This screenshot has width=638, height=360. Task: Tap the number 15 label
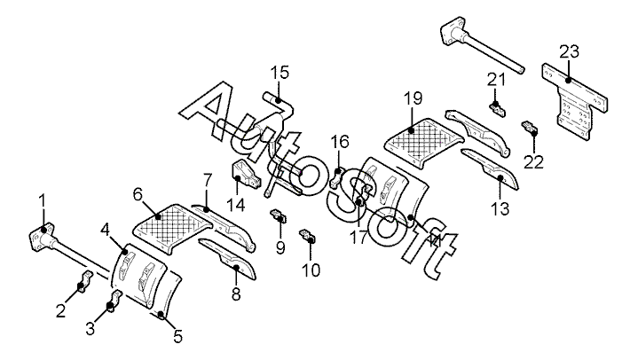click(280, 71)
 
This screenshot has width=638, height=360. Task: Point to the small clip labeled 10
click(310, 236)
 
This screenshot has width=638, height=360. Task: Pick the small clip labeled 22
click(531, 129)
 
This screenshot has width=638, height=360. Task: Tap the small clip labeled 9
click(278, 215)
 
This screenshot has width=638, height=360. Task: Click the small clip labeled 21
click(498, 109)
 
